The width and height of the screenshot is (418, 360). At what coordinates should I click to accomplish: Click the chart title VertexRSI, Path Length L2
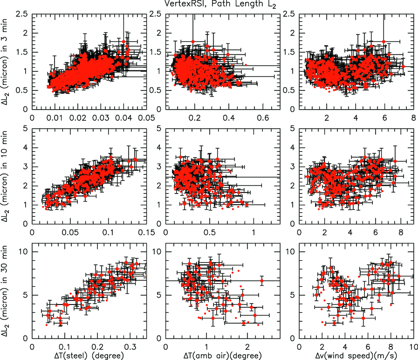pyautogui.click(x=209, y=4)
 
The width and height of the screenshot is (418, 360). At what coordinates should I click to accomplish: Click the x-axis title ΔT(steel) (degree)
pyautogui.click(x=84, y=356)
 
